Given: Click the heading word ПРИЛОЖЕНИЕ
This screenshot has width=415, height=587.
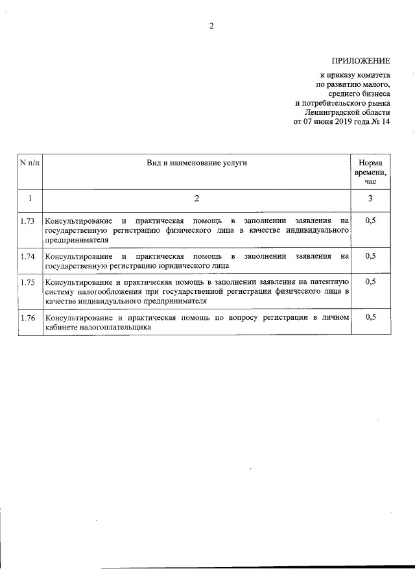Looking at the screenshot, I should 361,62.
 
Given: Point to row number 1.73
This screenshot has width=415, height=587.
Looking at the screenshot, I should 28,221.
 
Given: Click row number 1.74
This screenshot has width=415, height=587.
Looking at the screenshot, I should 28,256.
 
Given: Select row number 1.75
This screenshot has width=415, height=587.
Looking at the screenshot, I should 28,282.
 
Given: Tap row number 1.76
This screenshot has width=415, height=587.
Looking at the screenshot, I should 28,318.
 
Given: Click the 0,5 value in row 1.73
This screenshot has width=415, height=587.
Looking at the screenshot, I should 370,221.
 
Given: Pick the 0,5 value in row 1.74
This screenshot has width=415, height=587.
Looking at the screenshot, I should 370,256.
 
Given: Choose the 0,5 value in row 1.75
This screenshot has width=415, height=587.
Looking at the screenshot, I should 370,282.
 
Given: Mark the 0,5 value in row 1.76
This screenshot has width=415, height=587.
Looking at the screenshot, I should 370,318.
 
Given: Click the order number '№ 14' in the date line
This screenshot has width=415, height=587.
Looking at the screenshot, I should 381,121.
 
